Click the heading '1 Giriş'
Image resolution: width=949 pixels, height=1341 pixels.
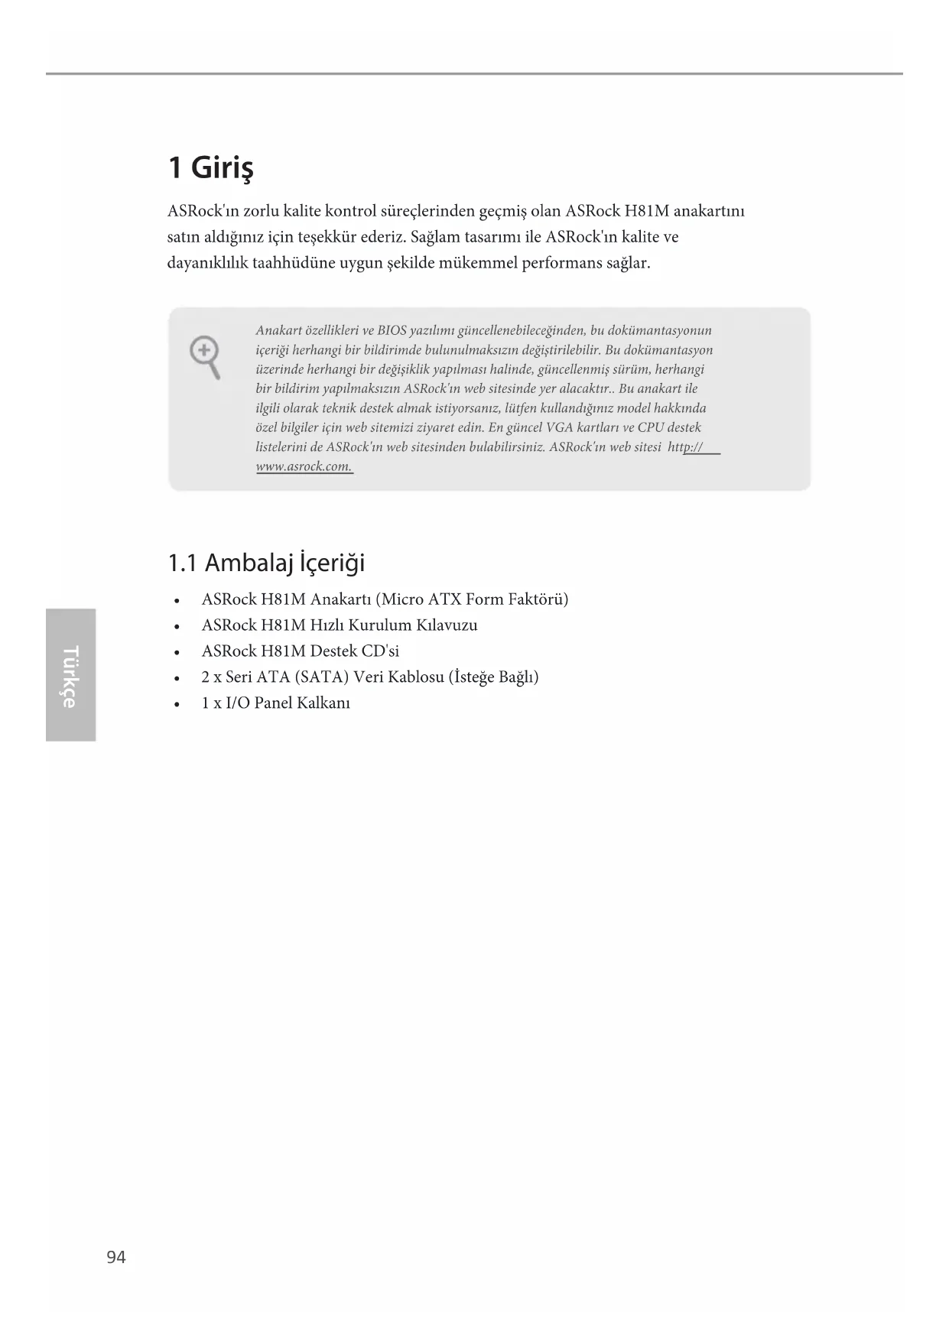210,167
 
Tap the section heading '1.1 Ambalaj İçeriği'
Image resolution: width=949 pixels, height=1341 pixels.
266,563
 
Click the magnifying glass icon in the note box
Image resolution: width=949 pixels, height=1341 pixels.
205,357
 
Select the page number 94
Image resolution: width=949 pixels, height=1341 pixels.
116,1257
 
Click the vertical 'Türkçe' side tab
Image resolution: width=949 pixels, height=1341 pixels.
70,675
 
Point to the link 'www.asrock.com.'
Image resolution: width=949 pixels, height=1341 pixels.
304,466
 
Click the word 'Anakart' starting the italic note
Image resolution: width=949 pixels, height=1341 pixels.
278,330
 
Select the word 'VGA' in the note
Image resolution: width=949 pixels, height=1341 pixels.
560,427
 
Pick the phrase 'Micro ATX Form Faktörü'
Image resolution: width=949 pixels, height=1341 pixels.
472,599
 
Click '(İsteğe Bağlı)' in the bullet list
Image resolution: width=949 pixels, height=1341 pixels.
494,677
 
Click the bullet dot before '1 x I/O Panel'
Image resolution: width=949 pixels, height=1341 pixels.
177,704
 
